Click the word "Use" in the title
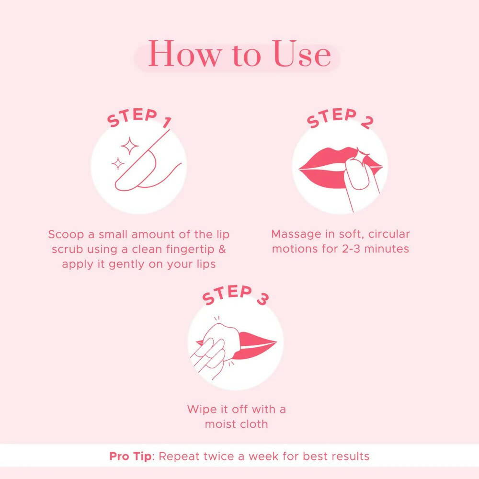301,55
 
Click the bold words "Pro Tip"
130,456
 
